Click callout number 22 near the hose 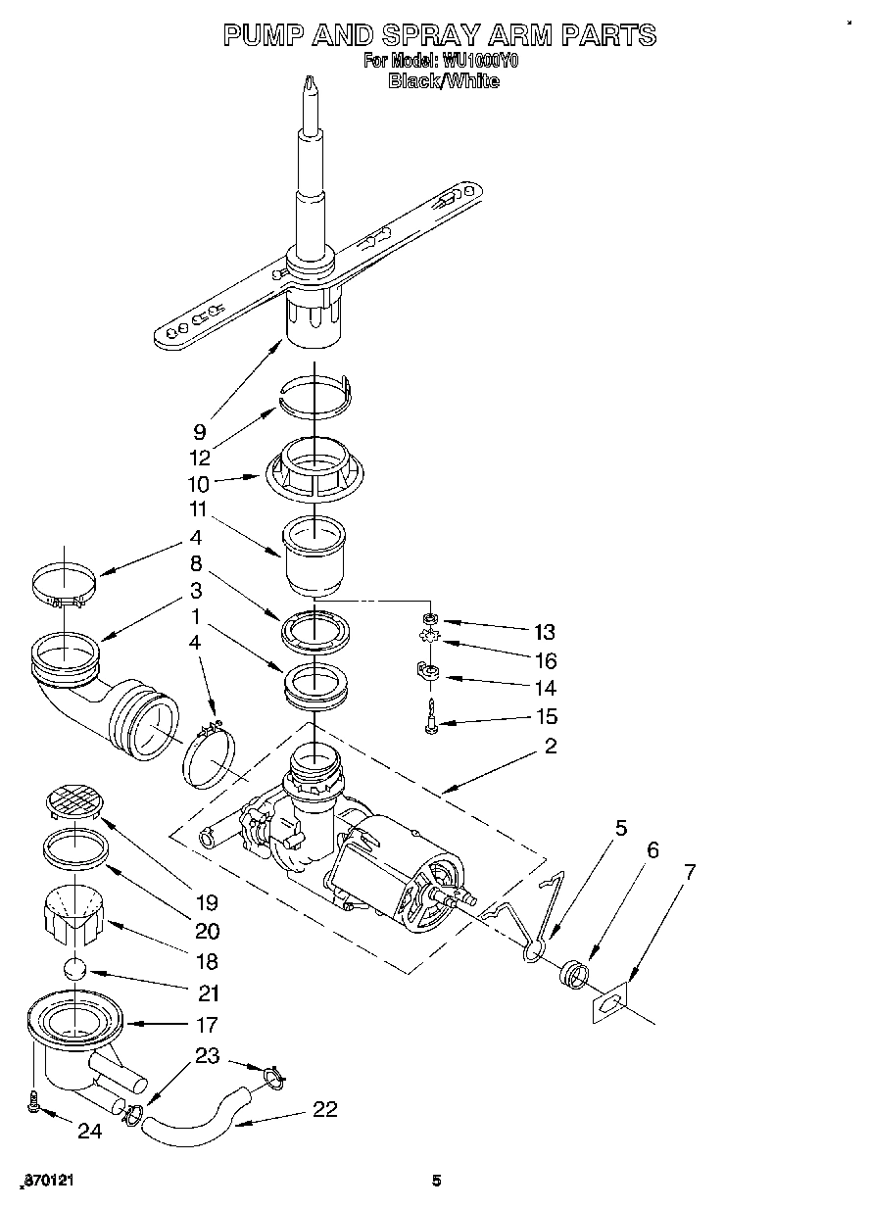coord(324,1109)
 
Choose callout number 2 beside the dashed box coord(551,747)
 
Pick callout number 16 coord(544,660)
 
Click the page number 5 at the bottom coord(437,1182)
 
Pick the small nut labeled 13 coord(429,619)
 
